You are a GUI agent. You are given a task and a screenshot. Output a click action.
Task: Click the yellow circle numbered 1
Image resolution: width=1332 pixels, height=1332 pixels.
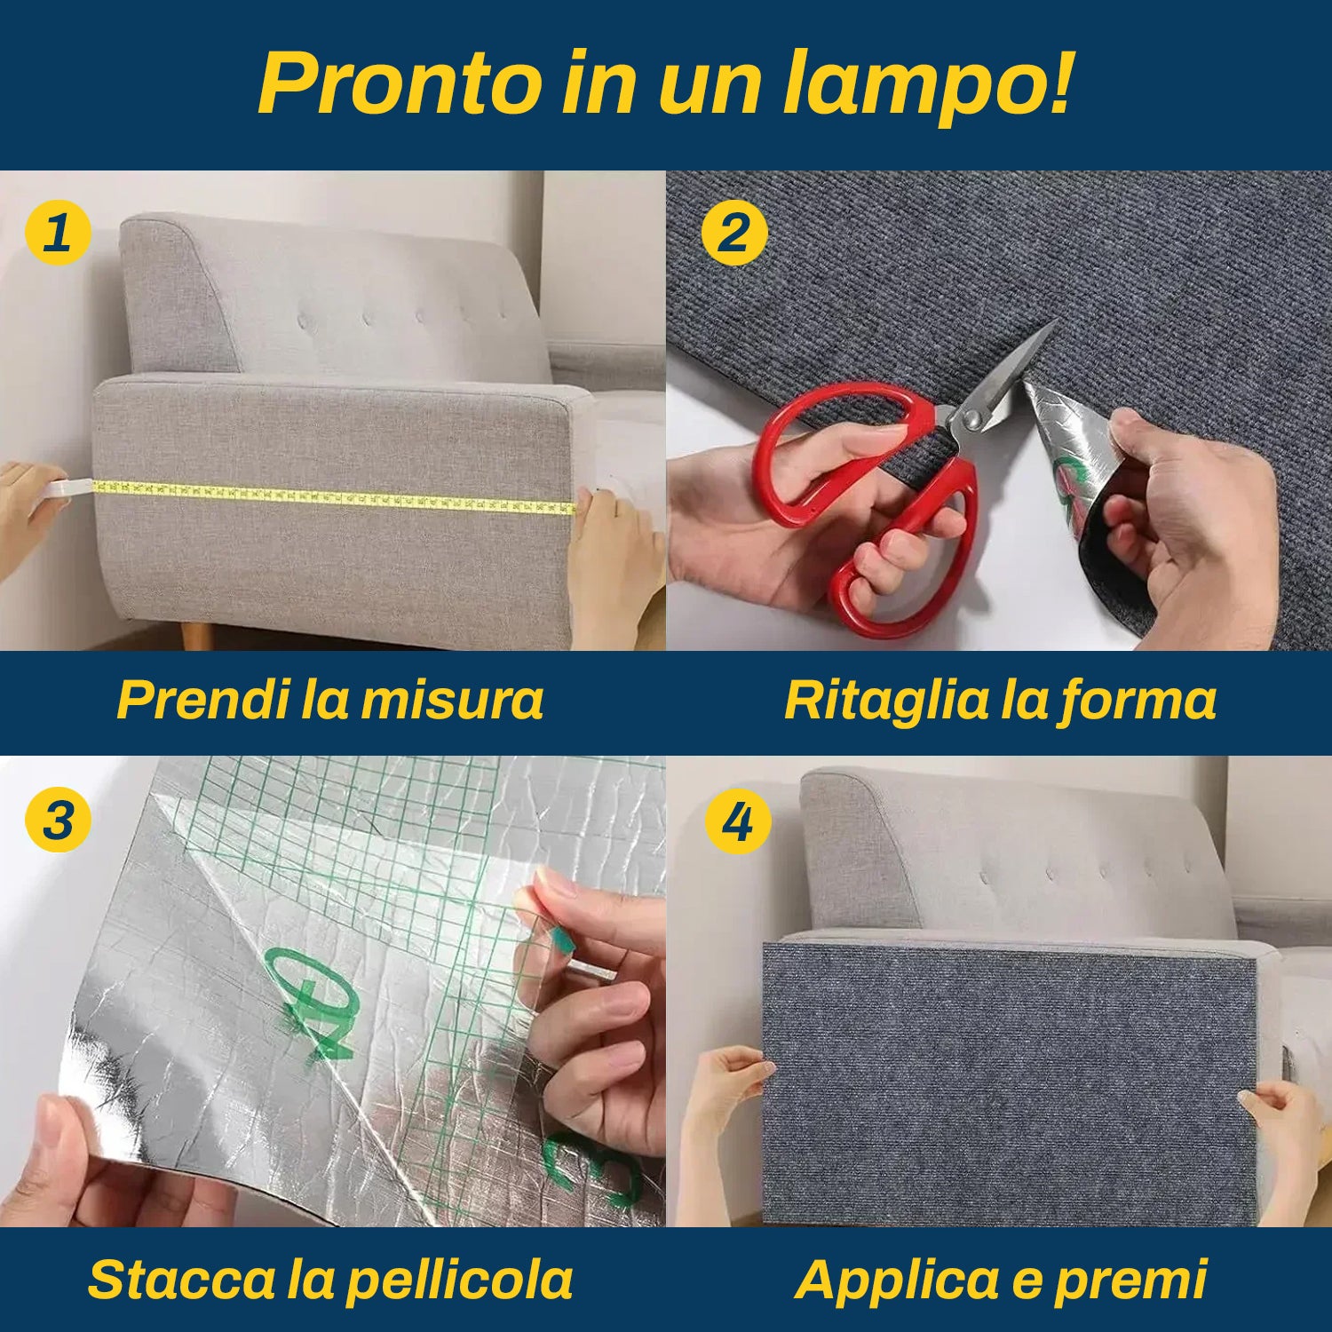coord(58,233)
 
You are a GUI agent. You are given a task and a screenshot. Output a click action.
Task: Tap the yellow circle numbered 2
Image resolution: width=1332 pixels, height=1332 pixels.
coord(733,233)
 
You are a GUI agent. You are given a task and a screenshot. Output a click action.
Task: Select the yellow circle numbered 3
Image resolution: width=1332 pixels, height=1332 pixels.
coord(58,820)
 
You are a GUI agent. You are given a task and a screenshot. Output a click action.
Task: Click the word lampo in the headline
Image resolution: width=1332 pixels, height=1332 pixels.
coord(927,83)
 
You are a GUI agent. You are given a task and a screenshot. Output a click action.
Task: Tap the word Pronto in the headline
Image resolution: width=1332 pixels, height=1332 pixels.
coord(400,83)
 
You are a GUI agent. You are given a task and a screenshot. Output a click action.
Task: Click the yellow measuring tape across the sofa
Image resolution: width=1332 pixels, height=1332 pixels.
coord(334,497)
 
